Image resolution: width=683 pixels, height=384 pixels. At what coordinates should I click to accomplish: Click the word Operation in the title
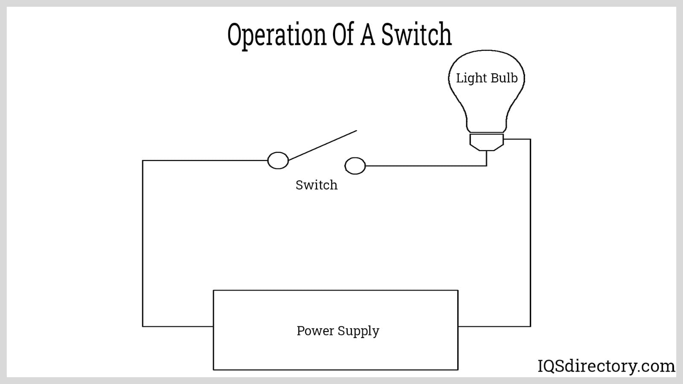[x=277, y=35]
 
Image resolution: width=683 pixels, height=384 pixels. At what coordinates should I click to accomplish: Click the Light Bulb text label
[x=487, y=78]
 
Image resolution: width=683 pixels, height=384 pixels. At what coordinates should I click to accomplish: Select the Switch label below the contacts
[x=316, y=185]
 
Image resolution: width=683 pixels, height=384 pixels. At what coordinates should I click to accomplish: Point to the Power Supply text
[x=338, y=331]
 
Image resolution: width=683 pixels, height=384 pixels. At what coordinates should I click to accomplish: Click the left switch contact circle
[x=278, y=160]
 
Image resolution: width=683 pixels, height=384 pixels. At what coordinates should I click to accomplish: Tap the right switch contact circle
[x=355, y=166]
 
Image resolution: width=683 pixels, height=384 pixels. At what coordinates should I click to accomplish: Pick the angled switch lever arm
[x=323, y=145]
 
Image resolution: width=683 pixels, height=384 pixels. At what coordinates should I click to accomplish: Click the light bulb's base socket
[x=487, y=142]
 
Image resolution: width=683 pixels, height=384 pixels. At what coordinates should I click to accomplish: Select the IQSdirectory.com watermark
[x=606, y=366]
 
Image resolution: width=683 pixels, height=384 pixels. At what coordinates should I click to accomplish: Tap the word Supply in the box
[x=359, y=331]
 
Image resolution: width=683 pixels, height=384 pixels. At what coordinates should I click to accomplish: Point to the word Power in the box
[x=315, y=331]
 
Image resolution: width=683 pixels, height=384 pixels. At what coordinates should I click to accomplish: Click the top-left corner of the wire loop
[x=143, y=160]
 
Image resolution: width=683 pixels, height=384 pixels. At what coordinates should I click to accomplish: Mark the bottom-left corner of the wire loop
[x=143, y=326]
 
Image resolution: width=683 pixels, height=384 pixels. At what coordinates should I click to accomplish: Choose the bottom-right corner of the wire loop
[x=530, y=326]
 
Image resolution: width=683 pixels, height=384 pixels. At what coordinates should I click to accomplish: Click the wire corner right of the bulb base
[x=530, y=139]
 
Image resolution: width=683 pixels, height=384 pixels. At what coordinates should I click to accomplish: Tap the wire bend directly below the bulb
[x=487, y=166]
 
